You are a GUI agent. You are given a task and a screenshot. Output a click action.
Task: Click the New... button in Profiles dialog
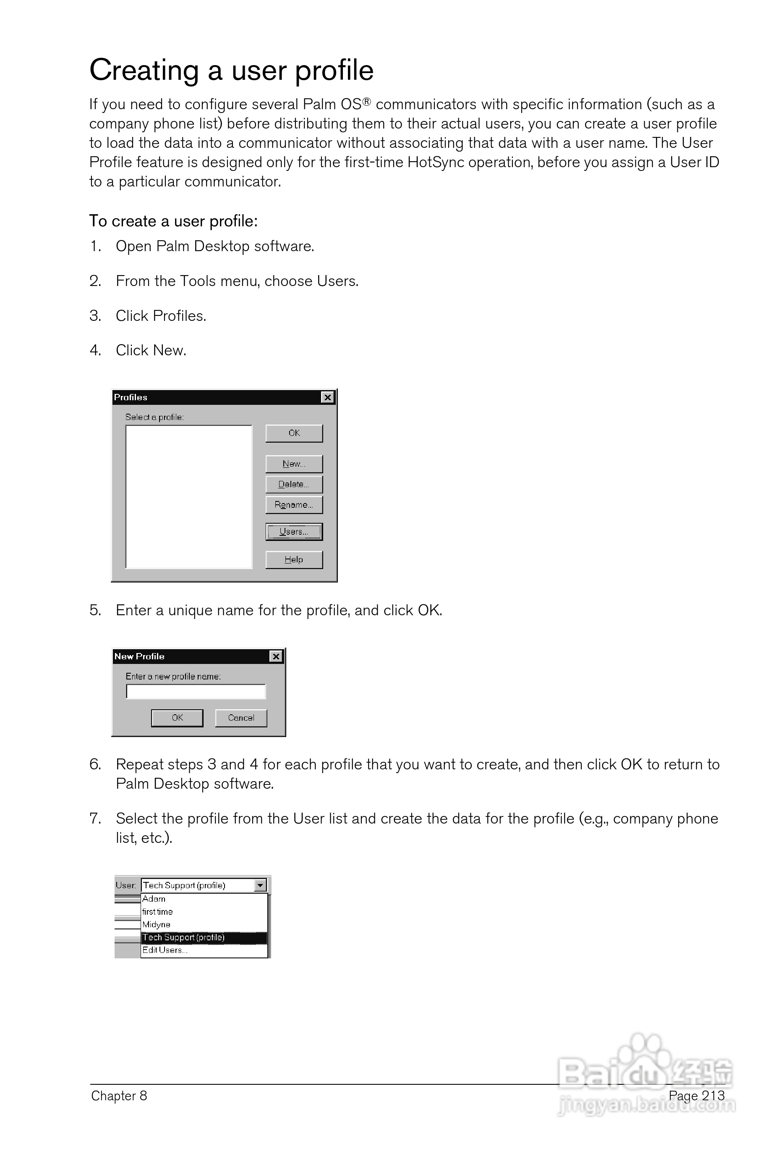point(294,464)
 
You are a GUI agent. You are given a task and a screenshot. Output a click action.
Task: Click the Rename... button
point(294,505)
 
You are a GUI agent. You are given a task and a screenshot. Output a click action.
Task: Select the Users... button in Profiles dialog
point(294,532)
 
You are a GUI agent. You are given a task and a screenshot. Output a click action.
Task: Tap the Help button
point(294,560)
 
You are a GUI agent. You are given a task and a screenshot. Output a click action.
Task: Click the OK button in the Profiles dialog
point(294,433)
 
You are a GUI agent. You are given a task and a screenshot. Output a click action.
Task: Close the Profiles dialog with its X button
point(327,398)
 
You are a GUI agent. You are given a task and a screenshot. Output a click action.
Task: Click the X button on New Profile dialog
point(276,656)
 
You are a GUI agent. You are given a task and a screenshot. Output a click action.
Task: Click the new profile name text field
point(196,691)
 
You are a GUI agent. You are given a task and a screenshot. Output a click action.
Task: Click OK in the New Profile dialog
point(177,718)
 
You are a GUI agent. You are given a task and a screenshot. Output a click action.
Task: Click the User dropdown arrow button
point(260,886)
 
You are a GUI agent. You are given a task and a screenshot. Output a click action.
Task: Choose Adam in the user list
point(154,899)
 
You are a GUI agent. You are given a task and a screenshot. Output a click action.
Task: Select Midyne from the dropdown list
point(156,925)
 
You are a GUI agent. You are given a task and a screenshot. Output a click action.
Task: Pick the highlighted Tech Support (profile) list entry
point(184,937)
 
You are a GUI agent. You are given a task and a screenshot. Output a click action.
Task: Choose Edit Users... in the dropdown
point(165,950)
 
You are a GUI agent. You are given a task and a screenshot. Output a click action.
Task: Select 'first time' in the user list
point(157,912)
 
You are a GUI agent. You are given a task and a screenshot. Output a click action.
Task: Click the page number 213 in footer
point(713,1096)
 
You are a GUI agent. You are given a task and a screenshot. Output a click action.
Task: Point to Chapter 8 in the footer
point(119,1096)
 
